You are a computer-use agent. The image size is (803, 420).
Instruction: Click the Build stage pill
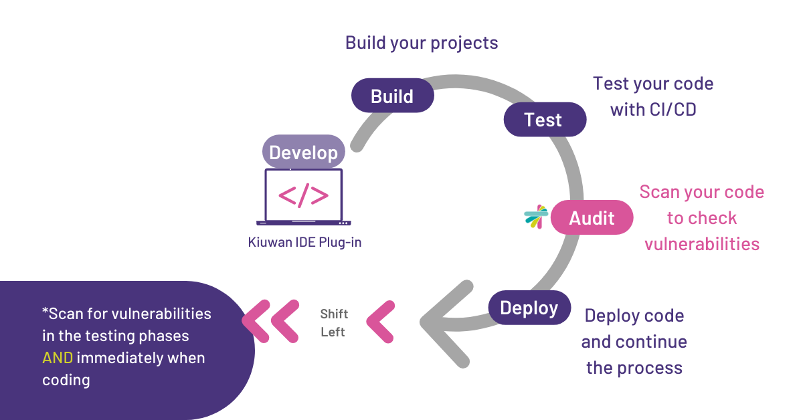click(x=393, y=96)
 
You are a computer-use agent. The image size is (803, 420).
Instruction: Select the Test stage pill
click(x=545, y=119)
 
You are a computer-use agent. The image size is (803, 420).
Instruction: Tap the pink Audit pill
click(x=592, y=217)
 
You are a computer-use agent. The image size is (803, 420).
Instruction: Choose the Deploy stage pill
click(x=529, y=308)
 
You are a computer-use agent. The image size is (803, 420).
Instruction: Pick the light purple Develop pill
click(x=304, y=152)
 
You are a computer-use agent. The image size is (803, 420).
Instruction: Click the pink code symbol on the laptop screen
click(x=304, y=196)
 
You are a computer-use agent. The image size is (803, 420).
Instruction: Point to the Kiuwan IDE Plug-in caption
click(x=304, y=242)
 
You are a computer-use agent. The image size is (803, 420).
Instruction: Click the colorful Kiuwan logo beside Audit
click(x=536, y=217)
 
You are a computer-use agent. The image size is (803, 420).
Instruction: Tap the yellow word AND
click(x=58, y=358)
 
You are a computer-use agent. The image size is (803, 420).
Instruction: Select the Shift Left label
click(x=334, y=323)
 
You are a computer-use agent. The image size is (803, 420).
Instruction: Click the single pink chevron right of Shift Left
click(x=381, y=322)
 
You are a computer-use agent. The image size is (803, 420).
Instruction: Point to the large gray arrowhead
click(x=446, y=324)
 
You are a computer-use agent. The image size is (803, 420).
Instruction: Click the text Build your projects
click(x=422, y=43)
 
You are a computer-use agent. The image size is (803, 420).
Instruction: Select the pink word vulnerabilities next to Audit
click(x=702, y=244)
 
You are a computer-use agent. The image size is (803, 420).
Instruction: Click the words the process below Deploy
click(x=634, y=368)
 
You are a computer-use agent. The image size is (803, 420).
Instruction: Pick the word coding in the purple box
click(x=66, y=381)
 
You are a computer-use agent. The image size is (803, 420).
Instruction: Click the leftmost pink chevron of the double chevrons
click(x=256, y=322)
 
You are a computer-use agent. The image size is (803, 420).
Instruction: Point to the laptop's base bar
click(x=304, y=223)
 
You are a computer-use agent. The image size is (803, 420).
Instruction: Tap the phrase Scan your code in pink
click(x=702, y=192)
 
